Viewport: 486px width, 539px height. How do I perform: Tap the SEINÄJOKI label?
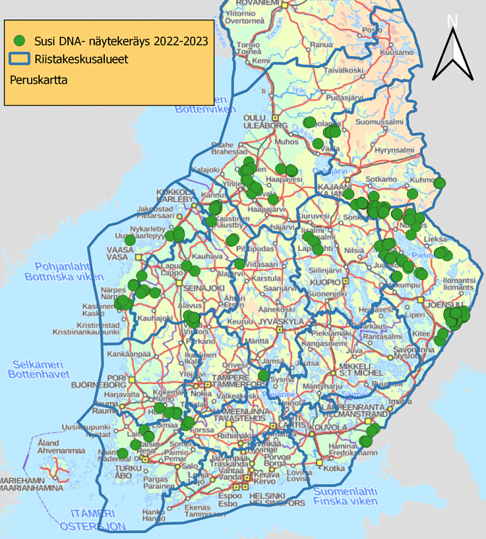[x=195, y=288]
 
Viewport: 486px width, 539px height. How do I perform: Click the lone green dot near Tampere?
[x=264, y=375]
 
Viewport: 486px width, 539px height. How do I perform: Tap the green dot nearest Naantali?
[x=123, y=454]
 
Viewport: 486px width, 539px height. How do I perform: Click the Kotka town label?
[x=334, y=467]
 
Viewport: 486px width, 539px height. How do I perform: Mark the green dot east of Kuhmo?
[x=440, y=183]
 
